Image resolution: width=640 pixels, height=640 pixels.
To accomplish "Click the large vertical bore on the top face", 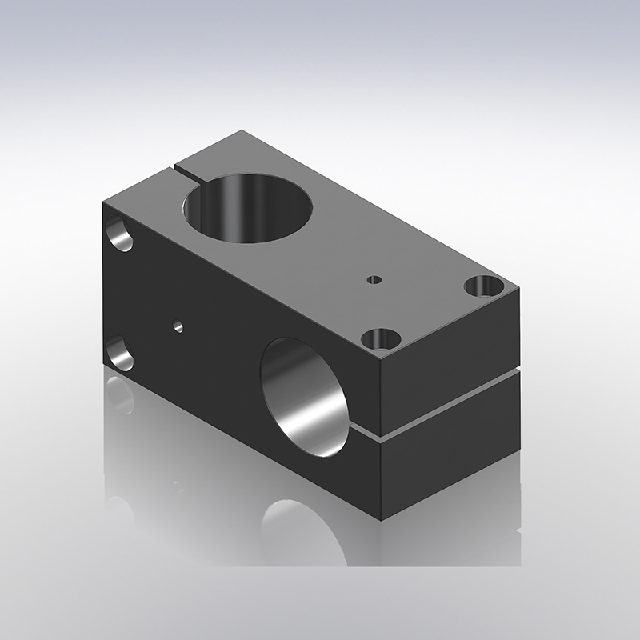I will (247, 206).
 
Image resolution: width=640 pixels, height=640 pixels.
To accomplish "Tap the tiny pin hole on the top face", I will (373, 280).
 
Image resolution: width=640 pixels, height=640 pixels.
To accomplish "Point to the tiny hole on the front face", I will (178, 326).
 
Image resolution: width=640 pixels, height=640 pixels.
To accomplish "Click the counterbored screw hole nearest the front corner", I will (380, 339).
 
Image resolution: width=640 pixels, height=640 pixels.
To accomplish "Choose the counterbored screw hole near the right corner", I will (484, 285).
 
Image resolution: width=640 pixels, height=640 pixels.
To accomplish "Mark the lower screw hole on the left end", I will (120, 353).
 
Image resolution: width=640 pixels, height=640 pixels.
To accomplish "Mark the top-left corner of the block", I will (103, 202).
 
